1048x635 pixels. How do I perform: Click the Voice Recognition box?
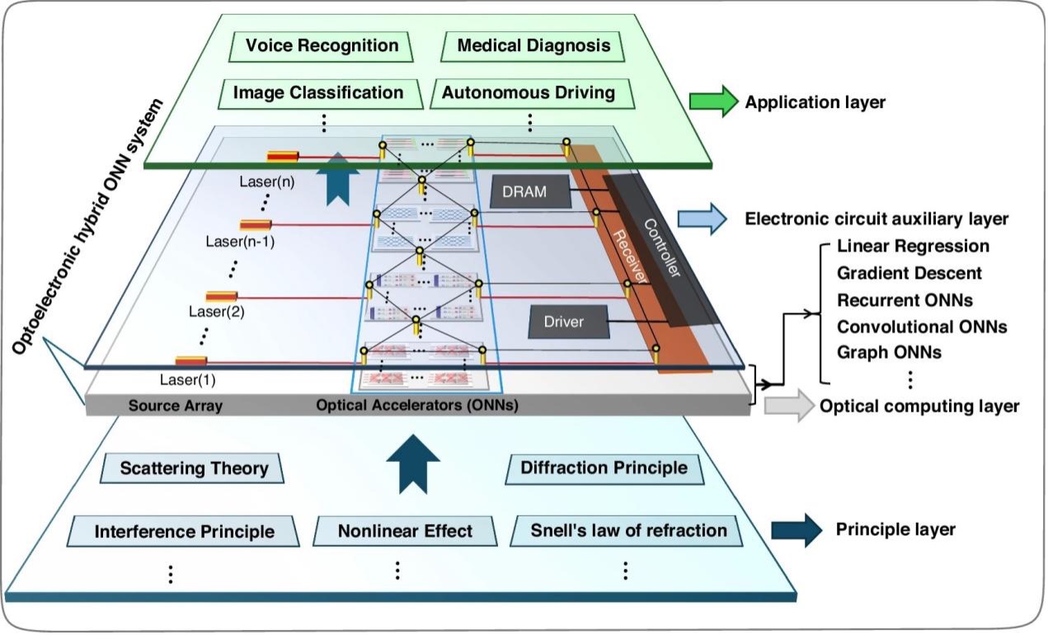[316, 46]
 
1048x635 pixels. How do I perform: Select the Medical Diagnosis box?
[533, 46]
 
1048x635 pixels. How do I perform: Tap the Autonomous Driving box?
[529, 93]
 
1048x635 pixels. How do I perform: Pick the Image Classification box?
[318, 93]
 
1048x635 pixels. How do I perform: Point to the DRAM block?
[530, 193]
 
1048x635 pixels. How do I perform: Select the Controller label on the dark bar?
[661, 247]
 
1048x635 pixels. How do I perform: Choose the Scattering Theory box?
[194, 468]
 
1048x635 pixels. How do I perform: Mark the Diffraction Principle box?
[604, 468]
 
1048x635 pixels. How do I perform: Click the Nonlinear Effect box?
[405, 530]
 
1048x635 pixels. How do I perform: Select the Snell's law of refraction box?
[628, 530]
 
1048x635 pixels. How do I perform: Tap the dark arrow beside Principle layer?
[797, 529]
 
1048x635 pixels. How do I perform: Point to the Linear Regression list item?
[913, 247]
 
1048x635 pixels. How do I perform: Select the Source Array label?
[176, 406]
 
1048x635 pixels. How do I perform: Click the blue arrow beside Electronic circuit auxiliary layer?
[703, 219]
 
